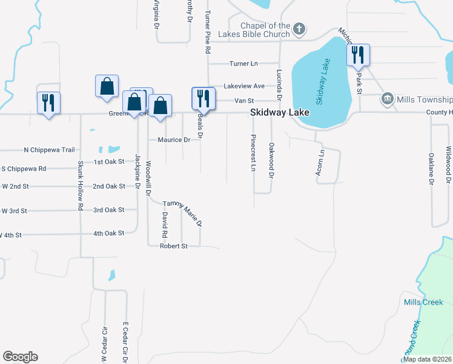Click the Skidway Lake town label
pyautogui.click(x=280, y=113)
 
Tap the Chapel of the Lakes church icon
pyautogui.click(x=299, y=29)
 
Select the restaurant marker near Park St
pyautogui.click(x=358, y=55)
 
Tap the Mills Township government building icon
pyautogui.click(x=388, y=99)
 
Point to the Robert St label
pyautogui.click(x=174, y=246)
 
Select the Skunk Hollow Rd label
pyautogui.click(x=80, y=186)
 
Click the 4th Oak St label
pyautogui.click(x=108, y=233)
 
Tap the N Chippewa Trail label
pyautogui.click(x=49, y=150)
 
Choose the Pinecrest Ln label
pyautogui.click(x=253, y=153)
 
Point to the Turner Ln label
pyautogui.click(x=243, y=64)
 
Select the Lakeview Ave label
pyautogui.click(x=244, y=86)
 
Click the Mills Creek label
pyautogui.click(x=423, y=302)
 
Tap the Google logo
pyautogui.click(x=20, y=356)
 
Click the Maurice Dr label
pyautogui.click(x=174, y=140)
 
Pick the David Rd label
pyautogui.click(x=164, y=224)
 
